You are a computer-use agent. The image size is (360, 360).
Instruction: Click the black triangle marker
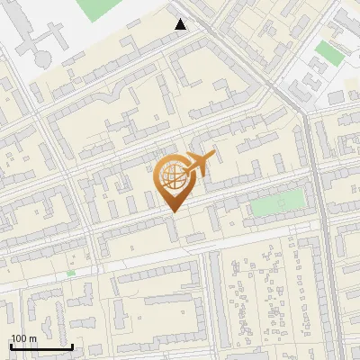pyautogui.click(x=181, y=24)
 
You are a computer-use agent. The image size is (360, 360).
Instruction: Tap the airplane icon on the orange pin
pyautogui.click(x=199, y=163)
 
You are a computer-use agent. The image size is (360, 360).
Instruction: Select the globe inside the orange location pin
pyautogui.click(x=172, y=175)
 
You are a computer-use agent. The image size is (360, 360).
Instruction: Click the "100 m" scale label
pyautogui.click(x=23, y=338)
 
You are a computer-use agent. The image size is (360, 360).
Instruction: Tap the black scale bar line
pyautogui.click(x=41, y=346)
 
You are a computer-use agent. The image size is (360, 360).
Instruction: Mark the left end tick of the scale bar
pyautogui.click(x=10, y=345)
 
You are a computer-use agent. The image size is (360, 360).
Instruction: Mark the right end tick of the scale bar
pyautogui.click(x=73, y=345)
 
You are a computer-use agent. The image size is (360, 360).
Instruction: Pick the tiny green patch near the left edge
pyautogui.click(x=70, y=272)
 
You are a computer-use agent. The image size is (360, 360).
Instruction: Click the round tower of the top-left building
pyautogui.click(x=42, y=58)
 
